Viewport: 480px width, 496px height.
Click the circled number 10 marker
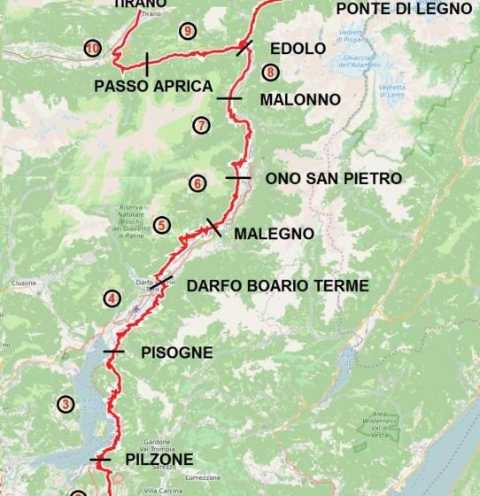93,48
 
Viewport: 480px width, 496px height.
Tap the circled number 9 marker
186,31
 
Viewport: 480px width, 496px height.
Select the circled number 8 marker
270,73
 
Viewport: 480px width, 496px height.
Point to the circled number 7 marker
201,125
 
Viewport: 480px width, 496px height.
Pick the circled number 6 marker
197,183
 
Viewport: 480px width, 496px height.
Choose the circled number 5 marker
161,225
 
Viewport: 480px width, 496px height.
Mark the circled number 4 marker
112,298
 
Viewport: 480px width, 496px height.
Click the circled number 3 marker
65,405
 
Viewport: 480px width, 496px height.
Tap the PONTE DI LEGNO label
404,9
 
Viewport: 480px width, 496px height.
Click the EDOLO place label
298,49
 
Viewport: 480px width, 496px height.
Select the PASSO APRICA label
153,86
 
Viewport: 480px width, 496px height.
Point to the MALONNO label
300,100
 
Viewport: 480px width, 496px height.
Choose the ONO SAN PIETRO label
334,179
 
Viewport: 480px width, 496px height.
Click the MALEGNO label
274,234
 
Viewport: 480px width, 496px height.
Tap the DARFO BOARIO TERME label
277,286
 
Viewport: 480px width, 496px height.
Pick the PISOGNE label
177,353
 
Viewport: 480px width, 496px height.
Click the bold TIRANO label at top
140,4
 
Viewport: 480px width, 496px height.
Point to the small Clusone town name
22,283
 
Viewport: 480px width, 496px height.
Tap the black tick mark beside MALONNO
228,98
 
